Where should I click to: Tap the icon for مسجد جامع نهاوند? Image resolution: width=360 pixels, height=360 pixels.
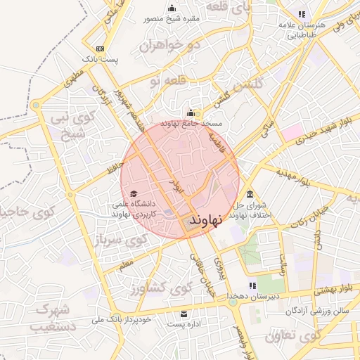[x=190, y=112]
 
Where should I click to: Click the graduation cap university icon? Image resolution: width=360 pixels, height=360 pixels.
[x=134, y=194]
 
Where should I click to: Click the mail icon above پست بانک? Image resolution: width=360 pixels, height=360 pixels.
[x=101, y=49]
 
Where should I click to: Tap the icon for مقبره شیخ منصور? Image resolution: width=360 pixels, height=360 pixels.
[x=172, y=8]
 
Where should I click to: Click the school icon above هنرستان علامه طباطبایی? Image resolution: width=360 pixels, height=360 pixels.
[x=302, y=13]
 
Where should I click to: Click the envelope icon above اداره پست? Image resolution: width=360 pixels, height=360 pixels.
[x=184, y=314]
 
